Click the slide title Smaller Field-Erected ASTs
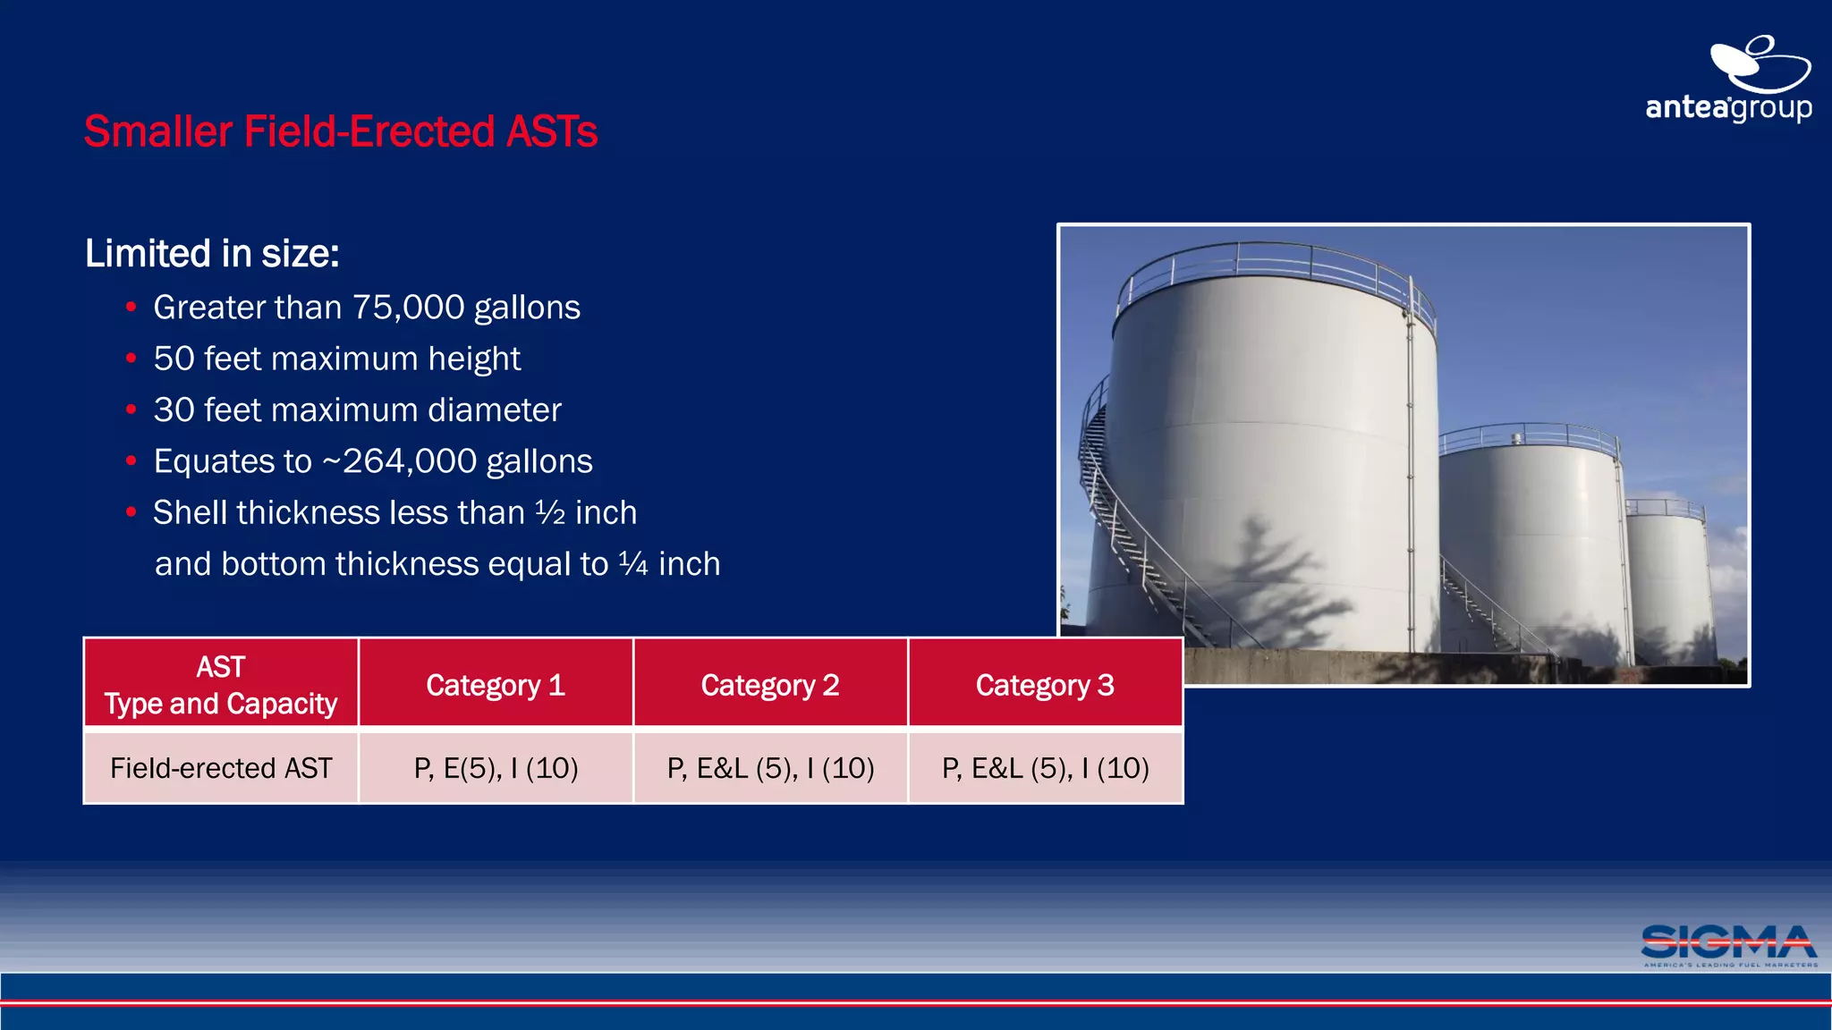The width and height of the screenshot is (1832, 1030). click(340, 131)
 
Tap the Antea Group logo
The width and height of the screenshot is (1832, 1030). click(1728, 80)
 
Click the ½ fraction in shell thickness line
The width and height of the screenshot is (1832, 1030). click(550, 513)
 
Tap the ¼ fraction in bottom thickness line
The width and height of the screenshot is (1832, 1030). click(632, 564)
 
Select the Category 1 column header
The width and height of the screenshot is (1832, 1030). click(496, 685)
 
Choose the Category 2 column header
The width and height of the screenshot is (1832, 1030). click(770, 685)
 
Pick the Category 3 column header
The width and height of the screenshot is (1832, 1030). click(1045, 685)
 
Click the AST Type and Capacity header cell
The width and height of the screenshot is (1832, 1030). click(221, 685)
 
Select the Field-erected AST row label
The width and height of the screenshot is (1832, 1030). click(221, 768)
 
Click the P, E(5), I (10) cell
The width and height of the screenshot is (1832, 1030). click(496, 768)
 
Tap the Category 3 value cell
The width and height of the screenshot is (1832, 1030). click(1045, 768)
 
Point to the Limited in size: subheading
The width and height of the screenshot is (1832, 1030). click(212, 254)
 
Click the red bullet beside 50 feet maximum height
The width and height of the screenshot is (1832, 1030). click(131, 359)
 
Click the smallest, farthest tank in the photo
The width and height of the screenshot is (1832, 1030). click(1669, 581)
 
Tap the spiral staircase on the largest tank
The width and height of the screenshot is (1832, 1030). click(1118, 519)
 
